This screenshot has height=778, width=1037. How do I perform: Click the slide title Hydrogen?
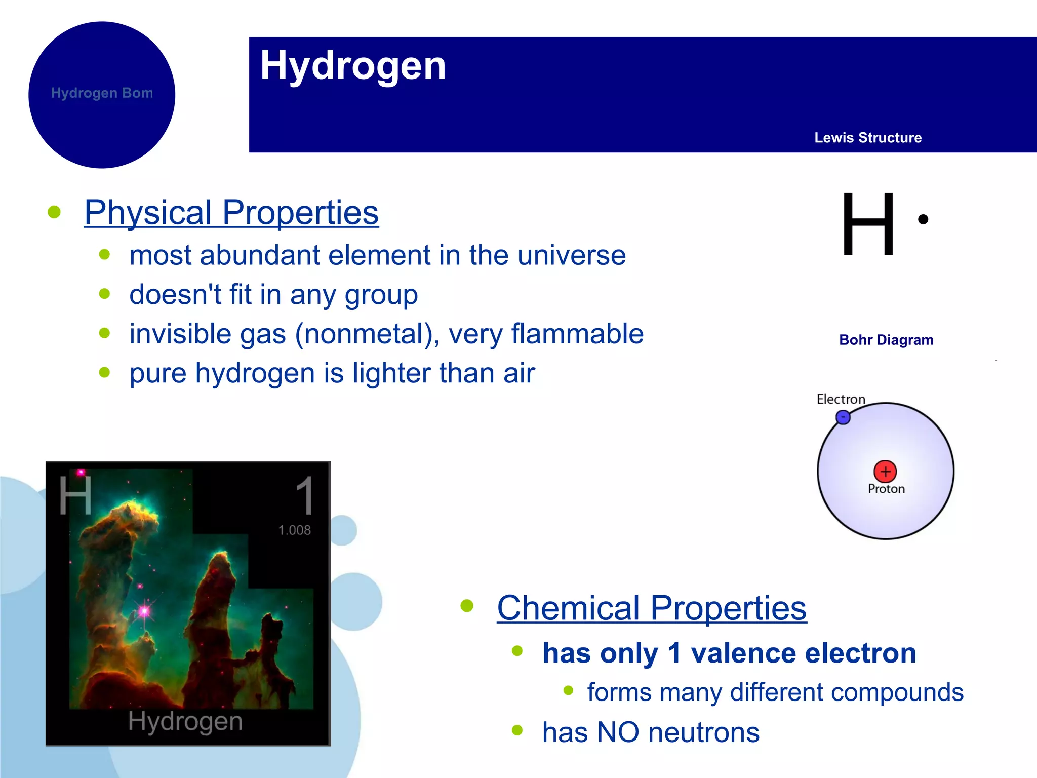tap(353, 66)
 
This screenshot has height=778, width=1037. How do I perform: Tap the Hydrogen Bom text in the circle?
tap(102, 93)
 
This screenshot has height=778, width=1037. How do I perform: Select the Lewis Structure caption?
tap(867, 138)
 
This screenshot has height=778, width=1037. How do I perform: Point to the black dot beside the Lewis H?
tap(923, 219)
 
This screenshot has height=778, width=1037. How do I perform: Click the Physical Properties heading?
tap(231, 213)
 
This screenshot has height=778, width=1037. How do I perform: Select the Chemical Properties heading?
tap(652, 608)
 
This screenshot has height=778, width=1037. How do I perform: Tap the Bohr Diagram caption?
tap(886, 340)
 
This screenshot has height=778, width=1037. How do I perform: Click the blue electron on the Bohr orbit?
tap(843, 417)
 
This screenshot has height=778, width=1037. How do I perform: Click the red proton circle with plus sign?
tap(885, 472)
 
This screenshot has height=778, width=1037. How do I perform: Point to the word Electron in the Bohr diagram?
tap(841, 399)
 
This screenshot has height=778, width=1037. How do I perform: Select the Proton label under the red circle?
tap(886, 489)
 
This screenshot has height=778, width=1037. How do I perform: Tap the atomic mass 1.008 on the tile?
tap(294, 530)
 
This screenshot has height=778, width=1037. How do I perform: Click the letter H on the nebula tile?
tap(75, 495)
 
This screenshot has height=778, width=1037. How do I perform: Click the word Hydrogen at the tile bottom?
tap(185, 721)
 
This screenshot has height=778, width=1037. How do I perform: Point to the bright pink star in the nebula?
tap(145, 611)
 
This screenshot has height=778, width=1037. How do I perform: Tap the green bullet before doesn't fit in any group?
tap(105, 294)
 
